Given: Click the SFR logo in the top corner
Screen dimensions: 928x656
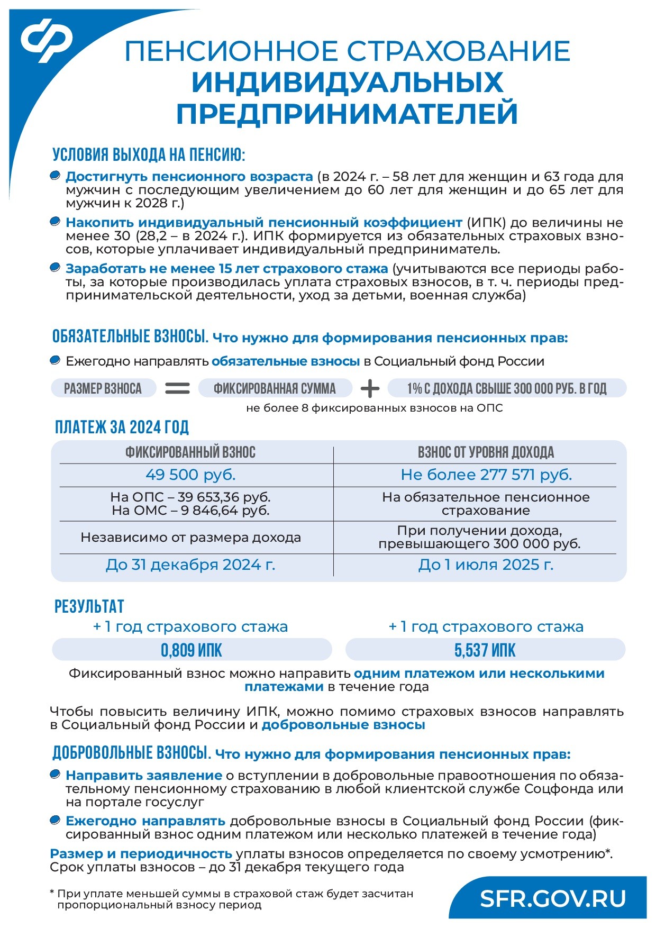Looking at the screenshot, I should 47,40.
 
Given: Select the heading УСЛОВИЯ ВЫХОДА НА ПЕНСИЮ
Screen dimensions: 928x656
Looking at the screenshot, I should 149,154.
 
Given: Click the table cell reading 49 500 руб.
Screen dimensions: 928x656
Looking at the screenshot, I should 190,475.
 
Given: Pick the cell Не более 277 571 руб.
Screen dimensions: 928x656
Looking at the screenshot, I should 486,475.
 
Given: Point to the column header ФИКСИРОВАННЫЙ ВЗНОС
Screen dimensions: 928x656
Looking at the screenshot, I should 190,452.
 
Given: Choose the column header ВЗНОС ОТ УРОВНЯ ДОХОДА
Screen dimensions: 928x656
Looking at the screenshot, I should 486,452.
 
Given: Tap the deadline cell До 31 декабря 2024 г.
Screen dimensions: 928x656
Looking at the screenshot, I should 190,565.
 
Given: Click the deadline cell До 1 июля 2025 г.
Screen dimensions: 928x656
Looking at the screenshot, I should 486,565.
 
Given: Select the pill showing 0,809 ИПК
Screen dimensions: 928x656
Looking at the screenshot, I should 192,650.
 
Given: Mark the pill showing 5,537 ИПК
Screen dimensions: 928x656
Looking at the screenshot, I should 485,650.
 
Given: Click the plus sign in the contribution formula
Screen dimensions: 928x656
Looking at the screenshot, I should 370,389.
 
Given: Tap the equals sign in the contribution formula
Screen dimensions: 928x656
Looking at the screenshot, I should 177,389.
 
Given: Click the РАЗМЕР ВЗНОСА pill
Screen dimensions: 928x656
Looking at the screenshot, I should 103,389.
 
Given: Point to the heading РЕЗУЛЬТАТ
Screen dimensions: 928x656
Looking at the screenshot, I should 89,606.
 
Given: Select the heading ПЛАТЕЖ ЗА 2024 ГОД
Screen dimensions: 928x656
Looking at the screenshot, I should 122,427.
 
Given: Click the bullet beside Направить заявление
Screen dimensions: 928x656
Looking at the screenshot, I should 54,775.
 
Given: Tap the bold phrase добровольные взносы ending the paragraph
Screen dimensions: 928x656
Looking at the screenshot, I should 343,724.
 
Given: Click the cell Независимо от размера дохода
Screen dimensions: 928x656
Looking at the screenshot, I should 190,538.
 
